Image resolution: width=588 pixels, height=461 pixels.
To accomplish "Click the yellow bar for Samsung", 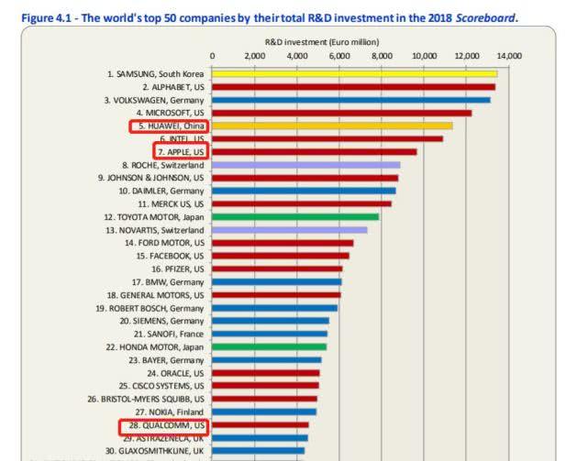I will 355,73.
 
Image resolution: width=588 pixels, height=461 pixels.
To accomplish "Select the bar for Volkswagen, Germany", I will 351,99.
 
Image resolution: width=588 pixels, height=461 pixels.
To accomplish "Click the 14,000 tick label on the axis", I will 509,56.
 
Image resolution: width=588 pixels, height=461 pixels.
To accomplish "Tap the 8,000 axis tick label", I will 383,56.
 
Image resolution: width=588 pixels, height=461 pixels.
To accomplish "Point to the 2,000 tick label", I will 256,56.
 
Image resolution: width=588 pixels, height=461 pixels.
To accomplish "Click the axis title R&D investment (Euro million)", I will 322,42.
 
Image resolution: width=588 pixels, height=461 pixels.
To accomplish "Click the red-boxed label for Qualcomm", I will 163,426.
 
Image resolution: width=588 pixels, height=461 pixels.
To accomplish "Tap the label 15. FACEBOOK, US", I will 170,256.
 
